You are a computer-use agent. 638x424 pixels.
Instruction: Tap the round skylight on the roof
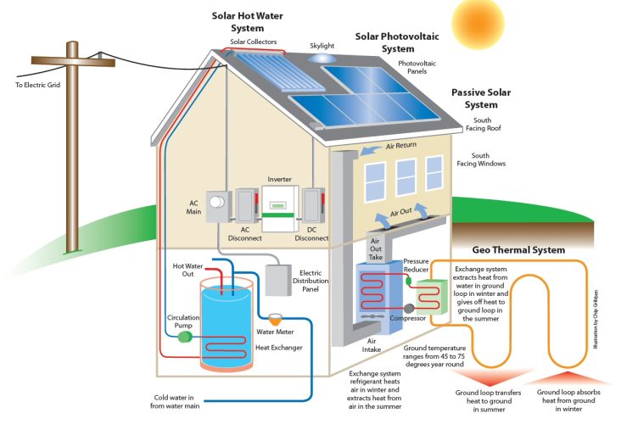[322, 59]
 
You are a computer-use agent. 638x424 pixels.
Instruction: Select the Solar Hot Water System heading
[246, 22]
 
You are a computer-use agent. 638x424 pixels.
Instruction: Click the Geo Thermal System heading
[518, 249]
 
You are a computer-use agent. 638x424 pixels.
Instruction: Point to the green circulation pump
[182, 336]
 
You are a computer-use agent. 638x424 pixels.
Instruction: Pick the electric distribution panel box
[279, 279]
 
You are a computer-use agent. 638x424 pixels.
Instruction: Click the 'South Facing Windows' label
[480, 161]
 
